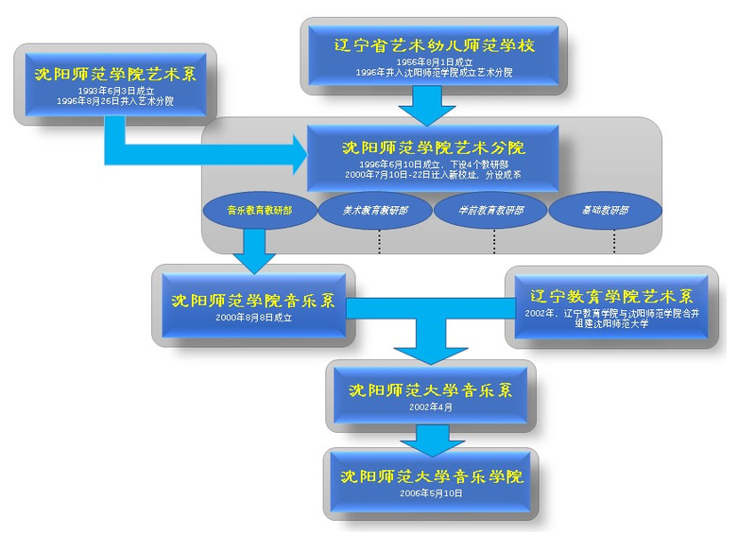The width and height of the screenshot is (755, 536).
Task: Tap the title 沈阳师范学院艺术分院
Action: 434,147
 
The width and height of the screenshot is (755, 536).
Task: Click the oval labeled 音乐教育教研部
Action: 259,211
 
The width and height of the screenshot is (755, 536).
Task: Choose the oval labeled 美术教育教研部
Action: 375,211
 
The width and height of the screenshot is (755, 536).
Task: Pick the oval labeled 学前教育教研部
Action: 491,211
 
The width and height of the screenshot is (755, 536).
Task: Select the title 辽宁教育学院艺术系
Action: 612,296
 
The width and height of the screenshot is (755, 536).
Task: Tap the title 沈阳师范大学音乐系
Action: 431,389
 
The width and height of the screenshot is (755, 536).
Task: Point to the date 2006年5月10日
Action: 431,493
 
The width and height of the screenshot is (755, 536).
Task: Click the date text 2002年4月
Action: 431,406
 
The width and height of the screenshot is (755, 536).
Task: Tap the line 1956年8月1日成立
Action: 433,61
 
